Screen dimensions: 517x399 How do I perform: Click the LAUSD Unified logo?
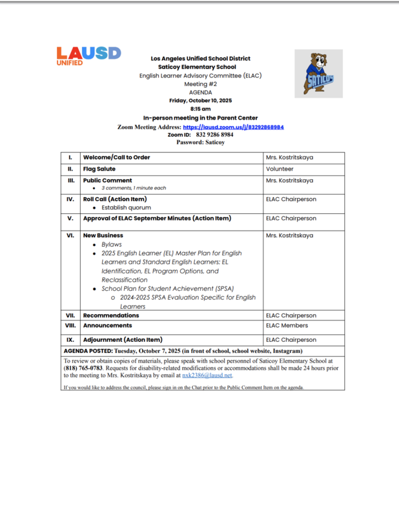point(88,56)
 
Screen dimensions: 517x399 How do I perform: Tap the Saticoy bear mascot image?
point(318,74)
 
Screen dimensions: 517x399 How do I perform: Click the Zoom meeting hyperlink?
point(233,127)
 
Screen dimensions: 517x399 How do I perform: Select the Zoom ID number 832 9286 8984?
point(214,134)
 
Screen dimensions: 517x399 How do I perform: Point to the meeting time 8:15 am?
point(200,109)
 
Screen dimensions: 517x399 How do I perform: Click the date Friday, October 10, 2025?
point(200,101)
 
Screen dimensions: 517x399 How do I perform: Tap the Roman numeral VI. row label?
point(70,236)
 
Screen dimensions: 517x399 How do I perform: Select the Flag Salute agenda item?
point(99,169)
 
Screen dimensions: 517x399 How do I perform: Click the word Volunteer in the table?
point(280,169)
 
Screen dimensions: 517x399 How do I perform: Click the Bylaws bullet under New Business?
point(112,246)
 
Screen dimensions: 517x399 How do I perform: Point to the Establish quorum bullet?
point(126,208)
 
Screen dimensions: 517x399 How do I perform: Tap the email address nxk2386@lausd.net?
point(207,375)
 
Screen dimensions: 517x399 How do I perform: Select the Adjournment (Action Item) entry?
point(122,339)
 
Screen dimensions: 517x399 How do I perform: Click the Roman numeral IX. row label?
point(70,339)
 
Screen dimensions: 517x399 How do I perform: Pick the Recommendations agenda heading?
point(110,316)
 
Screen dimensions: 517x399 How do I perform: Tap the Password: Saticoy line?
point(200,142)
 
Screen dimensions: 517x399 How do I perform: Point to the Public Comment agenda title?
point(107,180)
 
